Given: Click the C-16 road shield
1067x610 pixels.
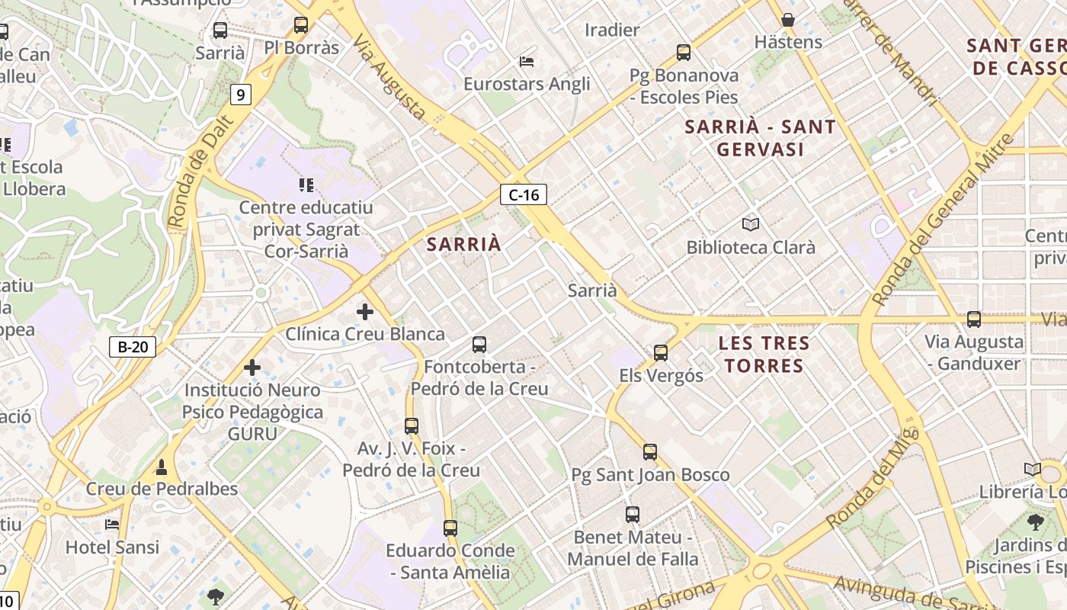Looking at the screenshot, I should pyautogui.click(x=524, y=194).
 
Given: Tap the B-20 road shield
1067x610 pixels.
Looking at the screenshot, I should pyautogui.click(x=133, y=347).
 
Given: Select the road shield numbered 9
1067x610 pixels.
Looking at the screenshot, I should pyautogui.click(x=241, y=95).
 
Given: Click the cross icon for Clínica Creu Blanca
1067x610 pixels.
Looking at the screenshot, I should pyautogui.click(x=365, y=311).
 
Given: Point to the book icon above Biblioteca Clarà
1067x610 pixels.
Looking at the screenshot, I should pyautogui.click(x=751, y=224).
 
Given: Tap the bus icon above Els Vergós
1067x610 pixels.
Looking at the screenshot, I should pyautogui.click(x=661, y=352).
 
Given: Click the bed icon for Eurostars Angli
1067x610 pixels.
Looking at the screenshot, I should pyautogui.click(x=527, y=61).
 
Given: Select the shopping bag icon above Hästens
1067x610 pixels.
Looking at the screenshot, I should pyautogui.click(x=788, y=19).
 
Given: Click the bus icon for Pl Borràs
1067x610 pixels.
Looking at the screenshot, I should pyautogui.click(x=301, y=25).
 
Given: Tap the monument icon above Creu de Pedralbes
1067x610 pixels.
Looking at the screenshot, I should pyautogui.click(x=162, y=467).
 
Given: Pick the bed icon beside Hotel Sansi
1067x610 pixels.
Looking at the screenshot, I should pyautogui.click(x=112, y=525).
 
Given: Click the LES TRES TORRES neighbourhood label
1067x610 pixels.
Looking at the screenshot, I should pyautogui.click(x=764, y=355).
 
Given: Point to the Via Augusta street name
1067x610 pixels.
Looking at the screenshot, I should pyautogui.click(x=389, y=80).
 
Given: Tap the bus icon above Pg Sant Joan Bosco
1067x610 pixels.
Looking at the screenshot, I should pyautogui.click(x=650, y=451).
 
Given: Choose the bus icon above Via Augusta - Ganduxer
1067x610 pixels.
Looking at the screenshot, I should pyautogui.click(x=974, y=319).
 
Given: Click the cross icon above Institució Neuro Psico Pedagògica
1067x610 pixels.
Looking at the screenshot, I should pyautogui.click(x=252, y=368).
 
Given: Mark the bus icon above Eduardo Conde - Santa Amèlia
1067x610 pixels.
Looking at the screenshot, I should pyautogui.click(x=450, y=528).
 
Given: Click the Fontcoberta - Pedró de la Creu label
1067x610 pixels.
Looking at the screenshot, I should pyautogui.click(x=479, y=377).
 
